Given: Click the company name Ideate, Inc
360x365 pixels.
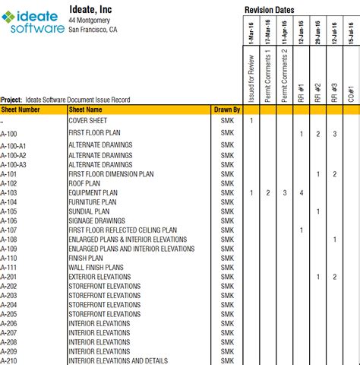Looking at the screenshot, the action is [91, 8].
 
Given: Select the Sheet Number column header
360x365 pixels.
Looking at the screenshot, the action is [21, 109].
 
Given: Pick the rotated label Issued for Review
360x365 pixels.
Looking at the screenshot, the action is [251, 78].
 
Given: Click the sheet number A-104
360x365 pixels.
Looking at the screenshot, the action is [8, 202].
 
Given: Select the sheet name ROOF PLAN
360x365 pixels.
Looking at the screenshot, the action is [85, 183].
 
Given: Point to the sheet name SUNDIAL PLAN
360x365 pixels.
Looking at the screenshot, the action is [90, 211].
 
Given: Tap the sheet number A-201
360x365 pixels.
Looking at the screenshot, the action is [8, 277].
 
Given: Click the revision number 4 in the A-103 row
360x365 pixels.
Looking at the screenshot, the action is [302, 192].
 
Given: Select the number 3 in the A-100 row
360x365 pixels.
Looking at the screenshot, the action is [334, 134].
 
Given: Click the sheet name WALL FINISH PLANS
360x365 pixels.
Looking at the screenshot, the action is [96, 268].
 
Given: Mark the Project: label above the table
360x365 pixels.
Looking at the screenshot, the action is [11, 99].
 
